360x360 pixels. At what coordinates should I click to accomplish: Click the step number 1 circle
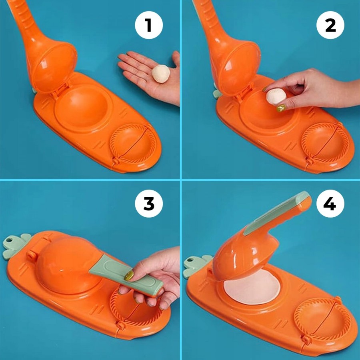coord(149,25)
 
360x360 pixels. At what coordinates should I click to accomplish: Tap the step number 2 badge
coord(330,25)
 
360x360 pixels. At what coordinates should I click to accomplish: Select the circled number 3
coord(149,204)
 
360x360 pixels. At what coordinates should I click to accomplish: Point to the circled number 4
coord(330,204)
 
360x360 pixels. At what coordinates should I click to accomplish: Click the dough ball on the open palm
coord(161,74)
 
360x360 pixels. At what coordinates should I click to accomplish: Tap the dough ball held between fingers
coord(276,97)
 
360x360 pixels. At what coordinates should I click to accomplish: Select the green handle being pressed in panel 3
coord(126,275)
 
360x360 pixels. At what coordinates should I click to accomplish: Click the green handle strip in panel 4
coord(277,213)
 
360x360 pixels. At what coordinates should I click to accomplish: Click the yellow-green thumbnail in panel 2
coord(281,108)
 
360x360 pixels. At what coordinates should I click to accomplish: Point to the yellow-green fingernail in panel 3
coord(129,275)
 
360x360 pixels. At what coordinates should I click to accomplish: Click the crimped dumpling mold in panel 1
coord(133,144)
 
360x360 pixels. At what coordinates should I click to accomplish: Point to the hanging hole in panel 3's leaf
coord(9,240)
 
